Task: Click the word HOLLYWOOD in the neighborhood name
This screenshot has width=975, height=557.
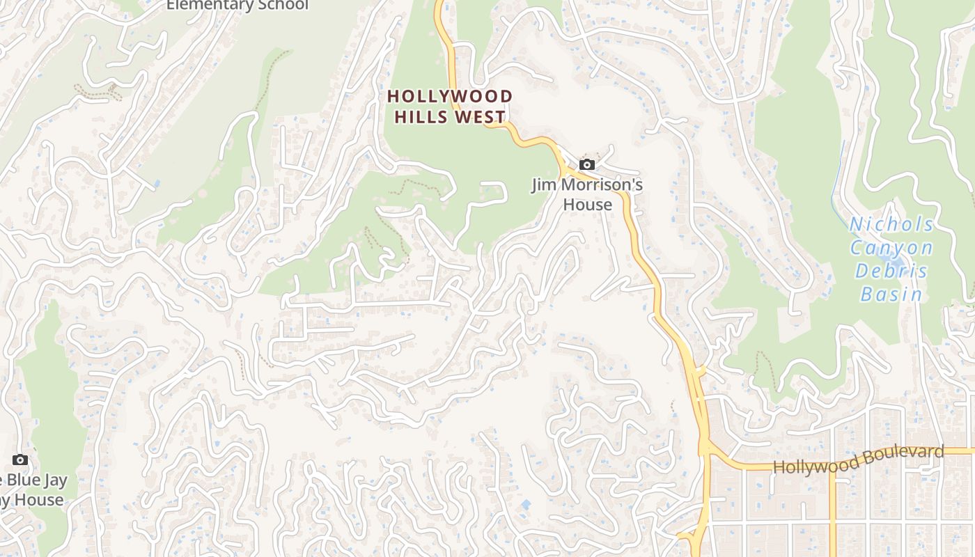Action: [x=450, y=96]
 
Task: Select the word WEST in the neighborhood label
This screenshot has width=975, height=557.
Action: [x=481, y=116]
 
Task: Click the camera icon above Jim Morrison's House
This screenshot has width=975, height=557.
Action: [x=587, y=165]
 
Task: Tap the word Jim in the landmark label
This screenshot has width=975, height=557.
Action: [x=543, y=185]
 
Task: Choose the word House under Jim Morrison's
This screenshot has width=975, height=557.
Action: [x=587, y=205]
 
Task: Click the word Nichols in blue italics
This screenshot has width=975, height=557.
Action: [x=891, y=225]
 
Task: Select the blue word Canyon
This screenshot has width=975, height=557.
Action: [x=891, y=248]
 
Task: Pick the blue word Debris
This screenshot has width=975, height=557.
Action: [x=891, y=271]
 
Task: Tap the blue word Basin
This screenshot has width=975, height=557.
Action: [x=891, y=294]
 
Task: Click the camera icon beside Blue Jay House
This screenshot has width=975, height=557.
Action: [x=20, y=460]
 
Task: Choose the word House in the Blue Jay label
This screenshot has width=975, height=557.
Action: [x=39, y=500]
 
